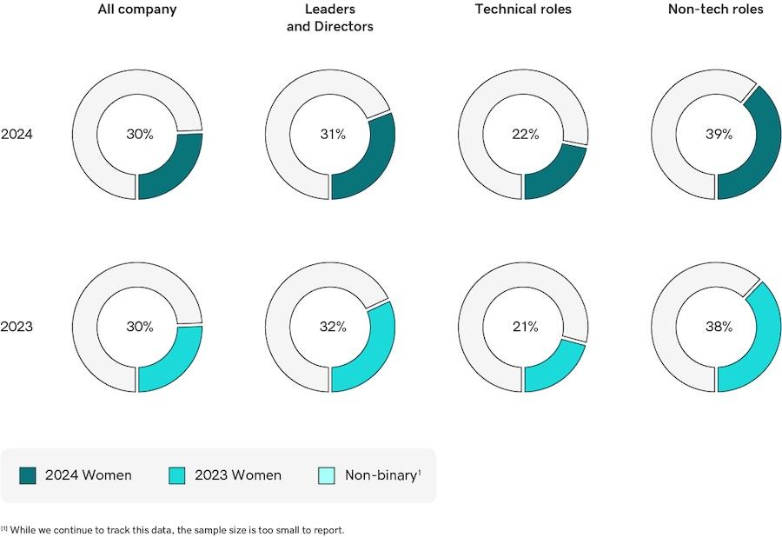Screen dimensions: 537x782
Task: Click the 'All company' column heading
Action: [138, 10]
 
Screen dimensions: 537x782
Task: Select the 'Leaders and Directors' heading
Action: [330, 18]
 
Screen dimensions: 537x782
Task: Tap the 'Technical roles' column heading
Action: [523, 10]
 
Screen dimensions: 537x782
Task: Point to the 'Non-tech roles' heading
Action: [716, 10]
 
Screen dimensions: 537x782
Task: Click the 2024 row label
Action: [17, 135]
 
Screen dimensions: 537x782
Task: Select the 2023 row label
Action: [17, 328]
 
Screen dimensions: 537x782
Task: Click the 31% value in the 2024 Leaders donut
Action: [332, 135]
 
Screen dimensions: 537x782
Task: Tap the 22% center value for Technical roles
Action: [525, 135]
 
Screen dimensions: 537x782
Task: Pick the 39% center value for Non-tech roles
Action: [718, 135]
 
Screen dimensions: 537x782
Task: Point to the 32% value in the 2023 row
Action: [332, 328]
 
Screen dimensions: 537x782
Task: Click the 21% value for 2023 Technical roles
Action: [525, 328]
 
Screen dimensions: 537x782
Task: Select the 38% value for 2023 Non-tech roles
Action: [718, 328]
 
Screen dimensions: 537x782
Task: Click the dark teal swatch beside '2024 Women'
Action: [28, 475]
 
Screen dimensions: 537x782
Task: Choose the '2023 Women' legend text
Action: [237, 475]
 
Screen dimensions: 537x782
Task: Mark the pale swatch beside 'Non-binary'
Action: [327, 475]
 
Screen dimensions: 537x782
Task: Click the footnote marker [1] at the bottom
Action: [4, 528]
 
